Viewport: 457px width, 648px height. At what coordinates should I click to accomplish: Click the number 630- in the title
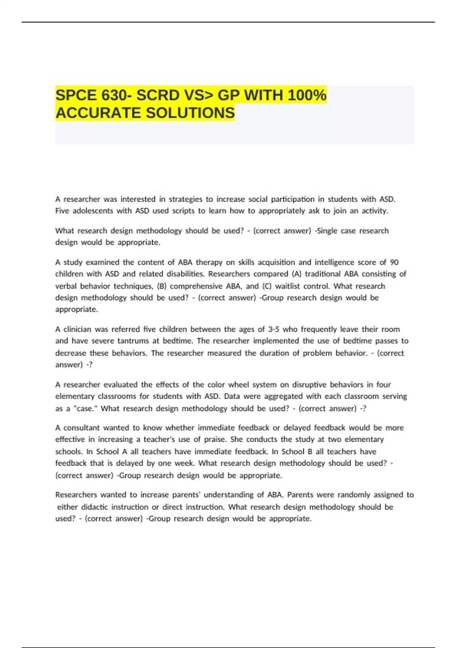[x=113, y=95]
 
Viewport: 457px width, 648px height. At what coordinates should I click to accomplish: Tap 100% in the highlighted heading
[x=307, y=95]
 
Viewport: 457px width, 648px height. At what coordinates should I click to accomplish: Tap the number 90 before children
[x=394, y=262]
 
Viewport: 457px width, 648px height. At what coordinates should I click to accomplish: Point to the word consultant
[x=81, y=428]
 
